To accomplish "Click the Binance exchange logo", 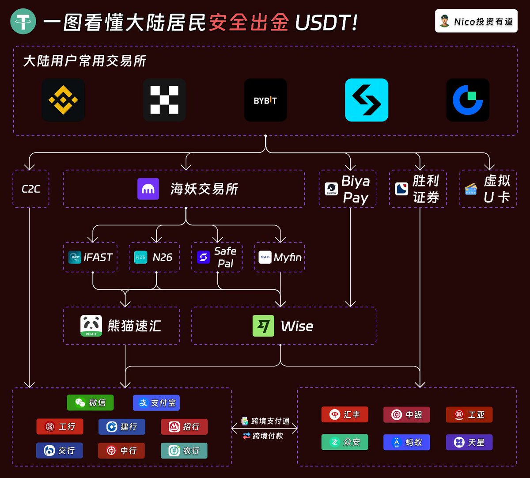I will tap(63, 100).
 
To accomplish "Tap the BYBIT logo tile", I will tap(265, 100).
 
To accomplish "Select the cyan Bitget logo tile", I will tap(367, 100).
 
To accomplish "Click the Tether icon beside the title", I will tap(23, 21).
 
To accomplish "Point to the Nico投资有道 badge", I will tap(476, 21).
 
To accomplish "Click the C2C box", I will tap(31, 189).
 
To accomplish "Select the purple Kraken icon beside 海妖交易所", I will tap(148, 189).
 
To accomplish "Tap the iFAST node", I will tap(91, 257).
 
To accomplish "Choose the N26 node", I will tap(154, 257).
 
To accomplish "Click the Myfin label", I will tap(287, 257).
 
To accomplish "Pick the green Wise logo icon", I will tap(263, 326).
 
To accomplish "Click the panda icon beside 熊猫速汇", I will tap(91, 326).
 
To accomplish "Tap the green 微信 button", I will tap(90, 402).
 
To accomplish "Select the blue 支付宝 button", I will tap(156, 402).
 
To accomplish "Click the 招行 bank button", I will tap(184, 427).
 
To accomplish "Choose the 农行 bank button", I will tap(184, 451).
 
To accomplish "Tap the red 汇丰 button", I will tap(344, 415).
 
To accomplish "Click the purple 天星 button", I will tap(469, 442).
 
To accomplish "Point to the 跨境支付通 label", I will tap(266, 421).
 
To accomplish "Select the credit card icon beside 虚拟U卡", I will tap(471, 189).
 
